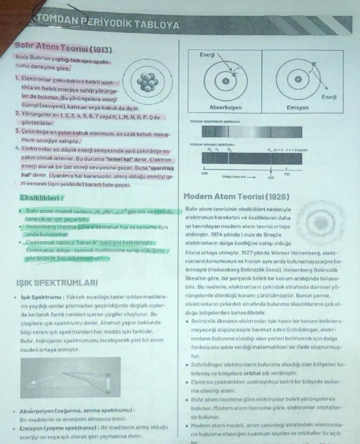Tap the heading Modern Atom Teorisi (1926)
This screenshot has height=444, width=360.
(x=237, y=197)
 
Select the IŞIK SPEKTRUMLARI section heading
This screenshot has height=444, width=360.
(x=57, y=283)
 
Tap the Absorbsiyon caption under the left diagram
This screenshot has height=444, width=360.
(x=225, y=107)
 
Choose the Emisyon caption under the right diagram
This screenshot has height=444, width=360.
(x=298, y=107)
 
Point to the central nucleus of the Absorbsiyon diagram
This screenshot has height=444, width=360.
(x=225, y=81)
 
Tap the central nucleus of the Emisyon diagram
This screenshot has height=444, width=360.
(x=298, y=80)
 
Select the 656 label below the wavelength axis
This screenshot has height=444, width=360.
(x=271, y=177)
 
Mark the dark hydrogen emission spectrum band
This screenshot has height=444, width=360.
(x=252, y=158)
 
